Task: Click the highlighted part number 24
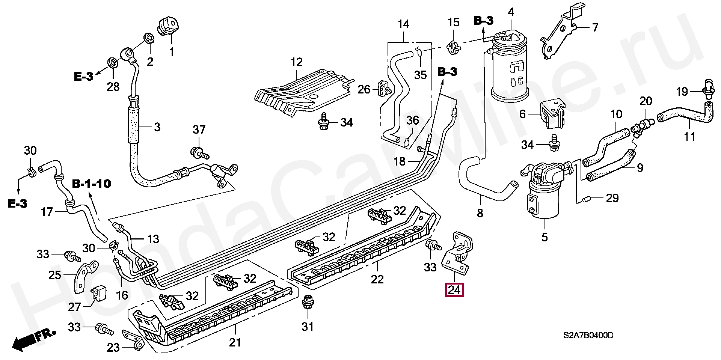pyautogui.click(x=454, y=290)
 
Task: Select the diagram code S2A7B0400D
pyautogui.click(x=588, y=335)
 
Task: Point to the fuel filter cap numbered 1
pyautogui.click(x=170, y=26)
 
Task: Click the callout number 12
pyautogui.click(x=297, y=62)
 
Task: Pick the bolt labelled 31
pyautogui.click(x=307, y=304)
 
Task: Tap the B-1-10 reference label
pyautogui.click(x=92, y=184)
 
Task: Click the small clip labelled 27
pyautogui.click(x=98, y=294)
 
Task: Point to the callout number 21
pyautogui.click(x=235, y=342)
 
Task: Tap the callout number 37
pyautogui.click(x=199, y=130)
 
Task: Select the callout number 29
pyautogui.click(x=612, y=198)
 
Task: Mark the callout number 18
pyautogui.click(x=399, y=161)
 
